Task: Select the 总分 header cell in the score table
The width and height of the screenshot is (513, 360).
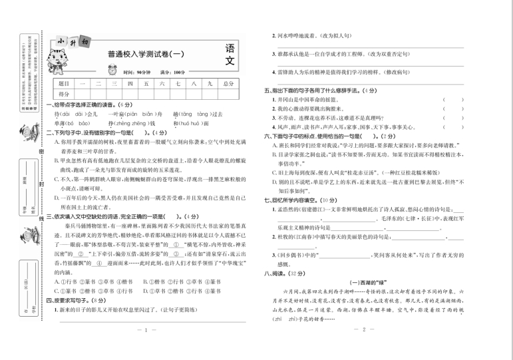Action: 228,83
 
